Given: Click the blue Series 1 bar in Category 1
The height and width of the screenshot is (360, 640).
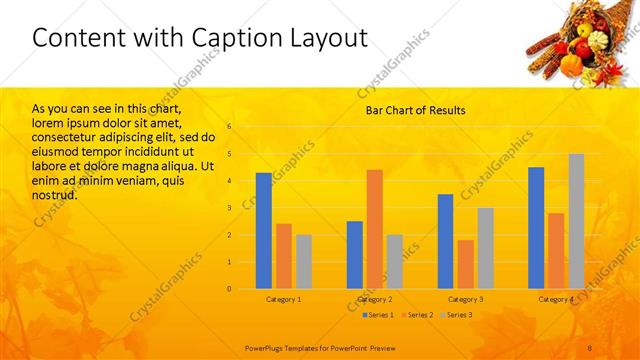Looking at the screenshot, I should point(264,231).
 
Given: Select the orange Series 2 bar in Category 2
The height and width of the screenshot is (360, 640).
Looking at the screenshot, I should point(375,229).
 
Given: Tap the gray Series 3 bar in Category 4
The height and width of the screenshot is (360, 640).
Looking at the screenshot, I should point(576,221).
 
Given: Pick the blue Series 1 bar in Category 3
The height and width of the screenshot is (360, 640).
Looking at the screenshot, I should point(445,241).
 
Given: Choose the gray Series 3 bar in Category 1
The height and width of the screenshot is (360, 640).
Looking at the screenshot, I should point(304,262).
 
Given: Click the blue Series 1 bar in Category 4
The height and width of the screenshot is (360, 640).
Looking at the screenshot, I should point(536,228).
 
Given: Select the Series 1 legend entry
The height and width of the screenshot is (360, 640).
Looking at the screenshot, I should point(376,315).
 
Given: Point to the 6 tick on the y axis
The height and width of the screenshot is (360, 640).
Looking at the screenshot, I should point(229,127).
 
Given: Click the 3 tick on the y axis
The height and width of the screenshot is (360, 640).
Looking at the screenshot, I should point(229,208).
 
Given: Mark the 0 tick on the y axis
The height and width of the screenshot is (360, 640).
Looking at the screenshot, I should point(229,289).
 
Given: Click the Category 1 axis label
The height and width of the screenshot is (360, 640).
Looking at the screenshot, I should point(284,299).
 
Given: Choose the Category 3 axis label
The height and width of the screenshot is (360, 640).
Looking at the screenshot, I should point(465,299).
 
